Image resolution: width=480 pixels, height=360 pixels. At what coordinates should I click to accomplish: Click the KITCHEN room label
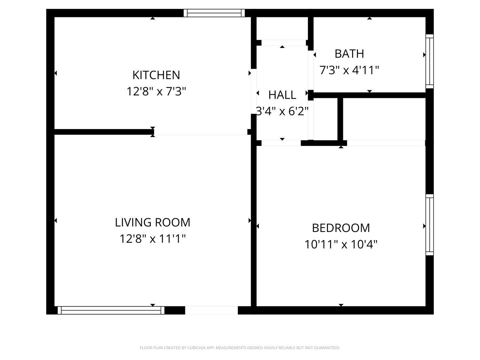click(x=156, y=75)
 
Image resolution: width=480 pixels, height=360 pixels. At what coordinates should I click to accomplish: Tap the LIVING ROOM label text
click(x=152, y=222)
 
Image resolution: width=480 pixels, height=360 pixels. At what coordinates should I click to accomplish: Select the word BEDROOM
click(x=341, y=228)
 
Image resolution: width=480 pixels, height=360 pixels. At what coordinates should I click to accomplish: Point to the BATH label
click(x=349, y=54)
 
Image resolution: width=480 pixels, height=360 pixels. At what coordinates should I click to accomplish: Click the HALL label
click(x=282, y=95)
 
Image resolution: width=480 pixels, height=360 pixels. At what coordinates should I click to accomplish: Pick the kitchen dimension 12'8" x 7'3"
click(x=156, y=91)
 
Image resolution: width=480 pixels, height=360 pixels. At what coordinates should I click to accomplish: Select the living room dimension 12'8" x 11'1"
click(x=152, y=238)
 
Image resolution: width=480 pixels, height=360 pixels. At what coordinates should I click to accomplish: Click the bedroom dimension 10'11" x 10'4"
click(x=341, y=244)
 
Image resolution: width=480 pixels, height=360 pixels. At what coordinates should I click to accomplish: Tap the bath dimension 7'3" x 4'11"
click(x=349, y=70)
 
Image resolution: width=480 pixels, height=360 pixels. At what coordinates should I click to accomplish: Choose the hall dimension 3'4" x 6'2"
click(x=282, y=111)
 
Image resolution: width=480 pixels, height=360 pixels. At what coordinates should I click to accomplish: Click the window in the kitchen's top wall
click(x=214, y=13)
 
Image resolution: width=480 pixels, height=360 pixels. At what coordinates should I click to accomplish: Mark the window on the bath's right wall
click(x=429, y=61)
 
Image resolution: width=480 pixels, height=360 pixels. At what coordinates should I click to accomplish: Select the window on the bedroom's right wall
click(x=429, y=225)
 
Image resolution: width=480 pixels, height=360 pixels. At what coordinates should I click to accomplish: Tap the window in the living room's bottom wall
click(x=111, y=310)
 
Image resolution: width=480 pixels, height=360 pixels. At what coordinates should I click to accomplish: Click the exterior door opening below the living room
click(x=211, y=310)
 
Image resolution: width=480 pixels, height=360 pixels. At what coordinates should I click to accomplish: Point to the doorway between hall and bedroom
click(x=281, y=143)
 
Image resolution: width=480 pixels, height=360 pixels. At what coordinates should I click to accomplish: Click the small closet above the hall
click(x=282, y=28)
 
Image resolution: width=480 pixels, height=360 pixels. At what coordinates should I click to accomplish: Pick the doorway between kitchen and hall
click(x=253, y=91)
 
